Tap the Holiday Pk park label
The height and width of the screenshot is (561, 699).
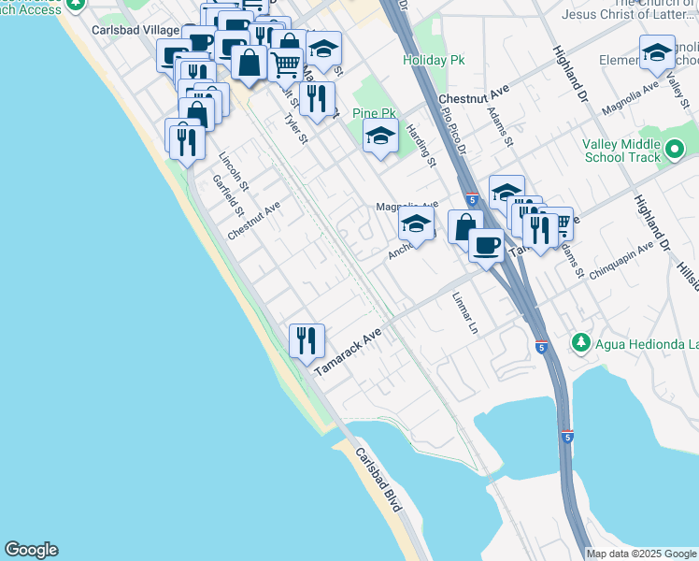(x=434, y=60)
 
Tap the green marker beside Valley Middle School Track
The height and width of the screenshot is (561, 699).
(x=676, y=149)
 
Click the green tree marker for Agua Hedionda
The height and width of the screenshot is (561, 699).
(x=581, y=344)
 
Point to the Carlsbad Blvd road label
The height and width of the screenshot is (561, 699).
(x=379, y=486)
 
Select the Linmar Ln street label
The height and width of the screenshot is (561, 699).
(x=464, y=315)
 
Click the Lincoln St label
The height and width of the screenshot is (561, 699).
(x=233, y=172)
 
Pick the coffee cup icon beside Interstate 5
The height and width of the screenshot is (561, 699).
(x=486, y=246)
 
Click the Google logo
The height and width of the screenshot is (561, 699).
(x=31, y=550)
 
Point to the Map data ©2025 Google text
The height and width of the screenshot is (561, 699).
(x=641, y=554)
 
